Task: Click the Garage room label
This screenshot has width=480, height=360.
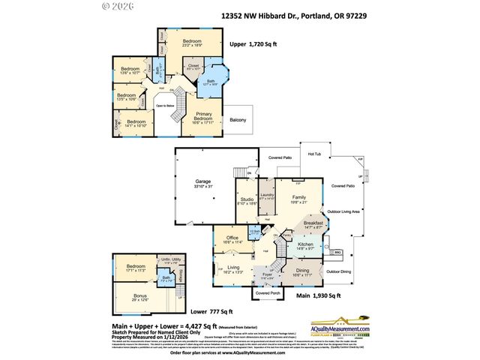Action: point(202,183)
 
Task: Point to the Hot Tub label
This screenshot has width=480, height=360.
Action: point(315,154)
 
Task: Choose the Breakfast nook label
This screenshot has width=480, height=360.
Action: point(314,224)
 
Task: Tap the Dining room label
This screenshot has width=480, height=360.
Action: point(302,271)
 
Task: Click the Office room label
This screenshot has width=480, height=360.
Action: point(232,239)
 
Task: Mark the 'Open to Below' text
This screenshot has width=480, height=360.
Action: point(165,106)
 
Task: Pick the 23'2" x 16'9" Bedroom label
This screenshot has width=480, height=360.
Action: point(193,42)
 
